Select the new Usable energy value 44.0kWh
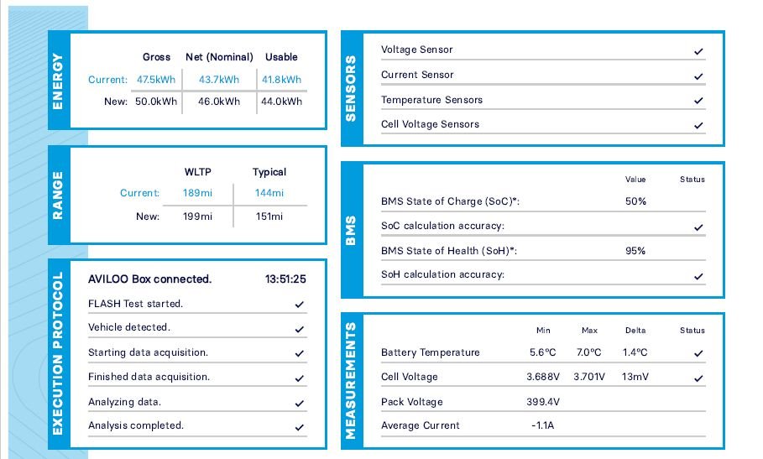point(282,102)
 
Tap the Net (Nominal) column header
point(219,57)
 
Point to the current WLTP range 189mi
point(198,193)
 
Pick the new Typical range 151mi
point(269,216)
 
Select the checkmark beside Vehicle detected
point(300,329)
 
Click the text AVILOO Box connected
point(149,279)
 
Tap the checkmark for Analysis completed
point(300,427)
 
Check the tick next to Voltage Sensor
point(698,51)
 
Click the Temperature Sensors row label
point(431,100)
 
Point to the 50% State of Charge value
point(635,201)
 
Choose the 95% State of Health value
point(635,251)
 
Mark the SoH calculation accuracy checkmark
point(698,276)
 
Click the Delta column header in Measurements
point(635,331)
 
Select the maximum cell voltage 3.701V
point(589,378)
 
